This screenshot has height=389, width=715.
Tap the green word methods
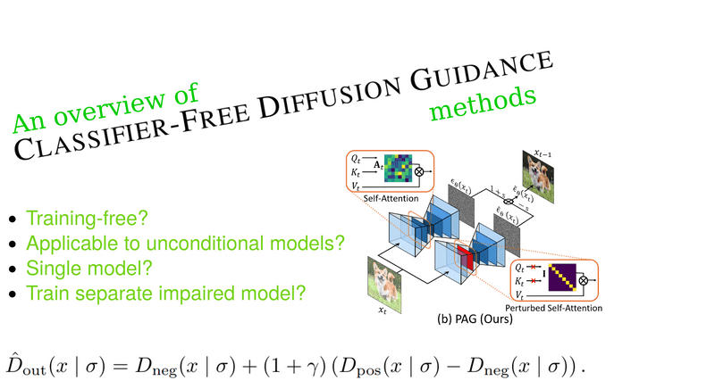pos(483,103)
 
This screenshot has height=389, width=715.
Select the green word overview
pos(109,108)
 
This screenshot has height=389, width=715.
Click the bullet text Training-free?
pos(87,219)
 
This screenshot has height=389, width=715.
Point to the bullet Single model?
pos(88,268)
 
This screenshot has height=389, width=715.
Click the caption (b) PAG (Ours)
pos(475,319)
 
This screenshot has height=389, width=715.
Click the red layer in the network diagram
pos(465,258)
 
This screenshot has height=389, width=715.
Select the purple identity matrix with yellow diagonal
pos(562,277)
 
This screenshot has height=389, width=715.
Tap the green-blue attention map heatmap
pos(398,169)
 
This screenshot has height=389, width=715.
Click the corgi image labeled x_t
pos(384,284)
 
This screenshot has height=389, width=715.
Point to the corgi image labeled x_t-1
pos(538,177)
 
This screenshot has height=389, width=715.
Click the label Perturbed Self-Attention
pos(553,308)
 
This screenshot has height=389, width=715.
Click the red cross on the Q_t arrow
pos(533,267)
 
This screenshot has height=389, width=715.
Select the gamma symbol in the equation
pos(314,368)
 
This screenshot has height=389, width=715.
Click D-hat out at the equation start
pos(26,365)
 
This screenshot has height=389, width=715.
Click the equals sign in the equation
pos(120,367)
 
